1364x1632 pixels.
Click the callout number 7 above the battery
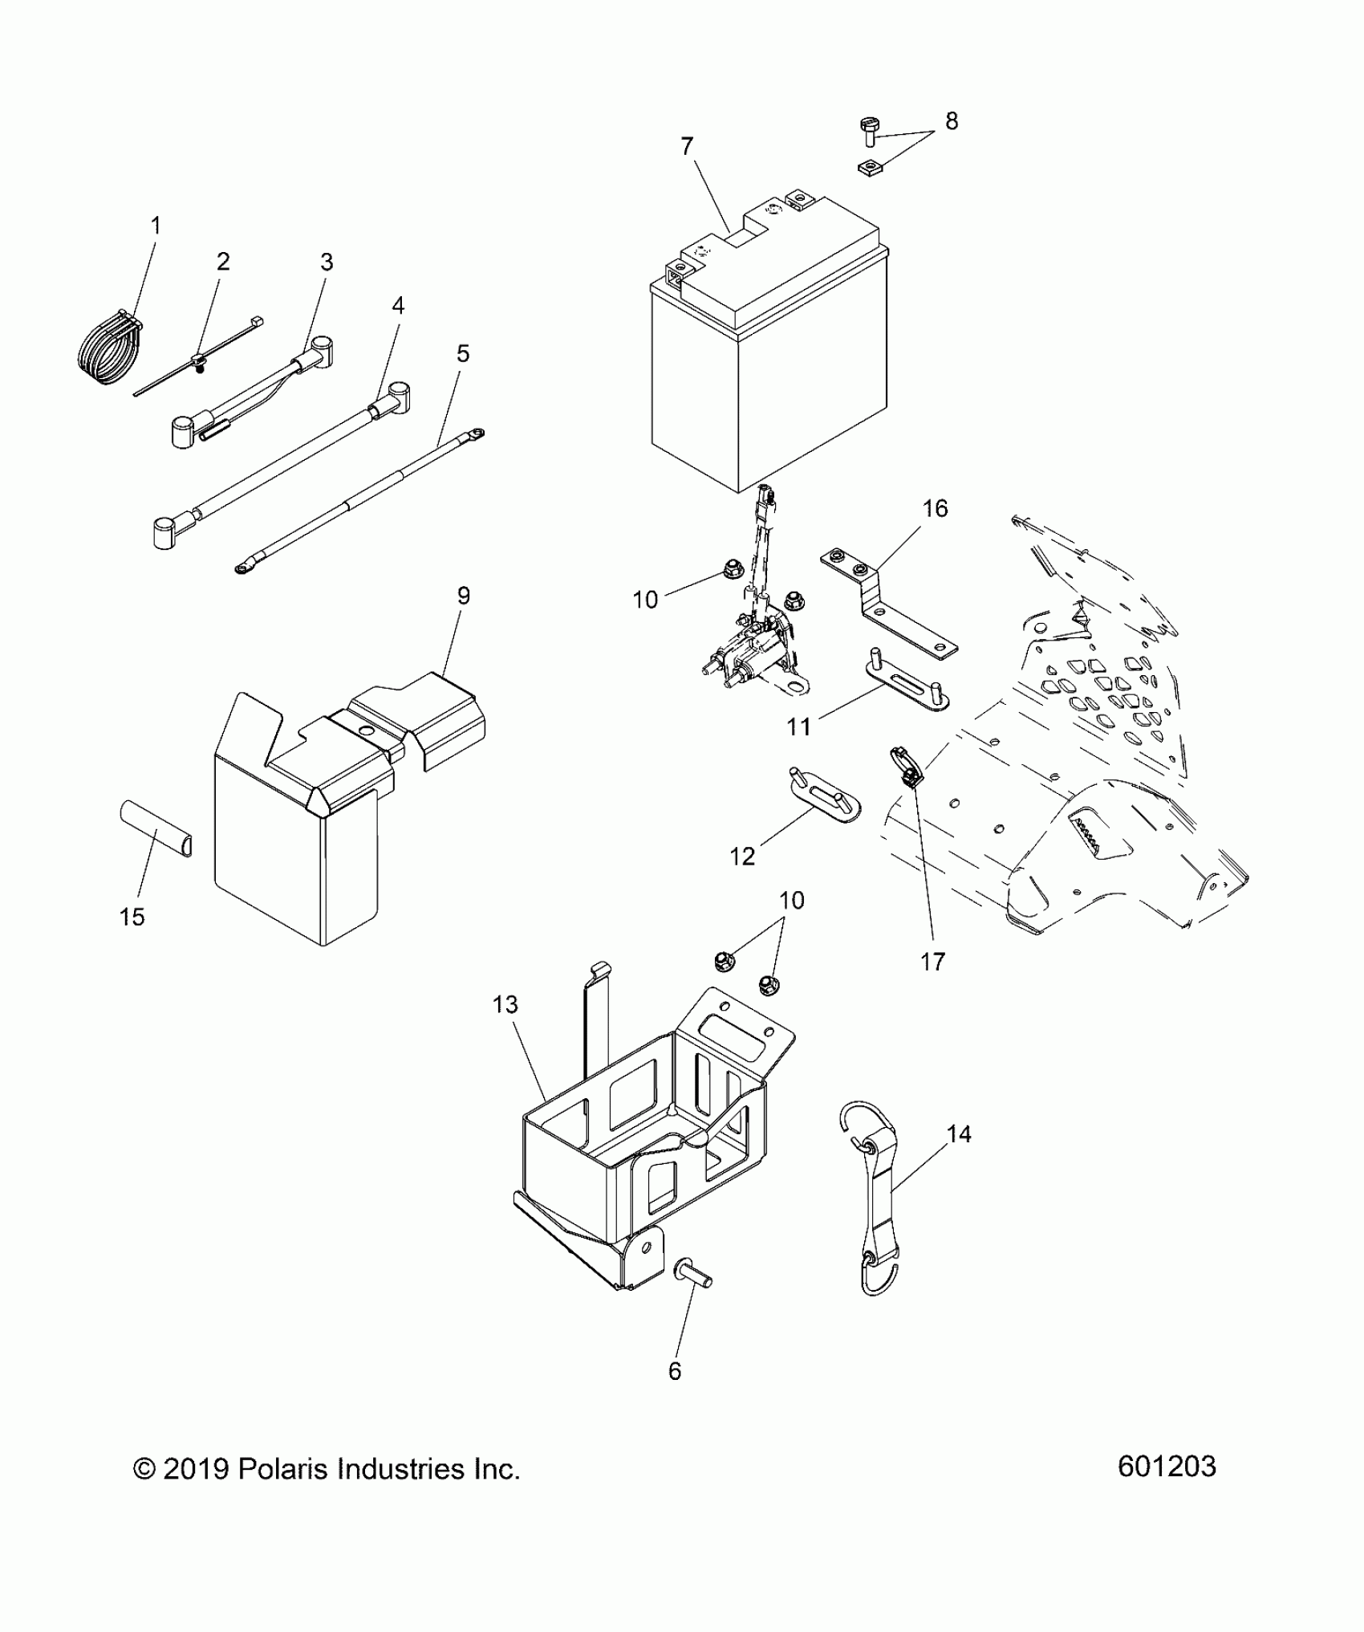coord(686,147)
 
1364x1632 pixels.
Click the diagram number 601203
coord(1167,1467)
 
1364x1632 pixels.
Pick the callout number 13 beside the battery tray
coord(505,1004)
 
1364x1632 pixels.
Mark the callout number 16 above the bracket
coord(935,508)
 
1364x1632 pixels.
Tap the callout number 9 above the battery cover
coord(463,596)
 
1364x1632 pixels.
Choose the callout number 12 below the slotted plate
coord(743,857)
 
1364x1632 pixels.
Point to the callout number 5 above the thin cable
coord(462,353)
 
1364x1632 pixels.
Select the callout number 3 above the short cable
coord(326,263)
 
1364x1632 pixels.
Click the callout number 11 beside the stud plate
coord(798,726)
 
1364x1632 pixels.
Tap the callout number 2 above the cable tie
coord(223,262)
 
